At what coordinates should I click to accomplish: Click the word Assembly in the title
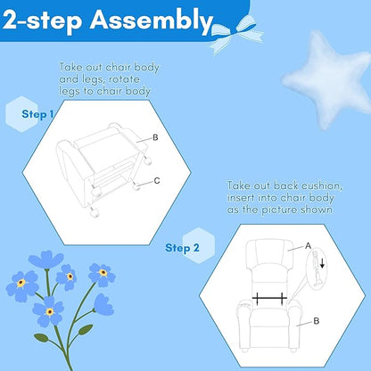[x=152, y=21]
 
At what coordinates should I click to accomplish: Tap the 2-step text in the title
[x=42, y=21]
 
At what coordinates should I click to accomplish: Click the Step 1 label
[x=37, y=114]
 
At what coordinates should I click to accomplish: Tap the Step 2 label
[x=182, y=248]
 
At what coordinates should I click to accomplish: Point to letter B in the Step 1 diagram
[x=155, y=137]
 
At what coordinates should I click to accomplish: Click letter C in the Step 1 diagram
[x=157, y=181]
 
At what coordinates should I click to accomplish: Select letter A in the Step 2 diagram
[x=308, y=246]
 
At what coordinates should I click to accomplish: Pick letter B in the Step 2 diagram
[x=317, y=321]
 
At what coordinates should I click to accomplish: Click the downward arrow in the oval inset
[x=322, y=262]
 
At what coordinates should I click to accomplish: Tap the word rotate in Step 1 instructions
[x=124, y=79]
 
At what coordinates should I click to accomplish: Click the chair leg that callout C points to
[x=136, y=186]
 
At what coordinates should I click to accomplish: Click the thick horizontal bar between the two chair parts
[x=269, y=297]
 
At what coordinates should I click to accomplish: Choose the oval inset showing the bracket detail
[x=317, y=268]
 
